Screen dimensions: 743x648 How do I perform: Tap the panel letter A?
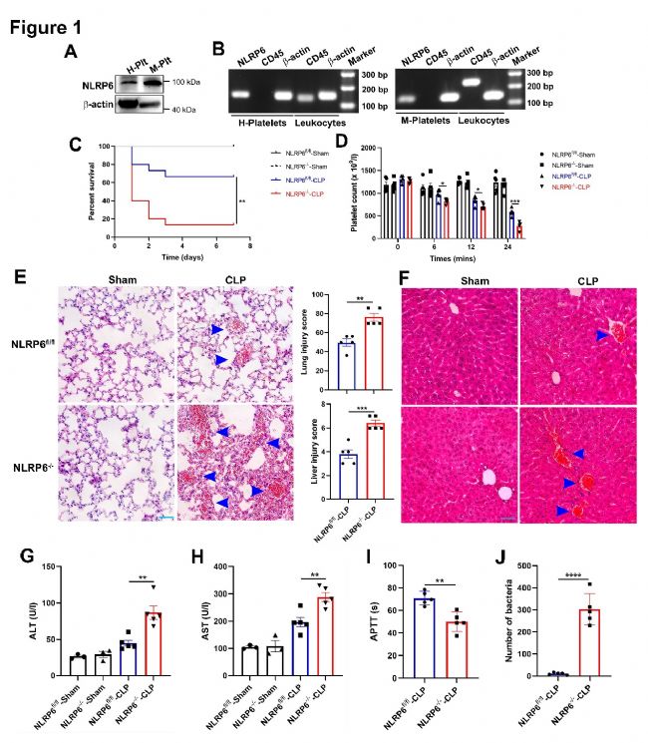[69, 53]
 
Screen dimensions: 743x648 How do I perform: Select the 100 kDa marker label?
[186, 83]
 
